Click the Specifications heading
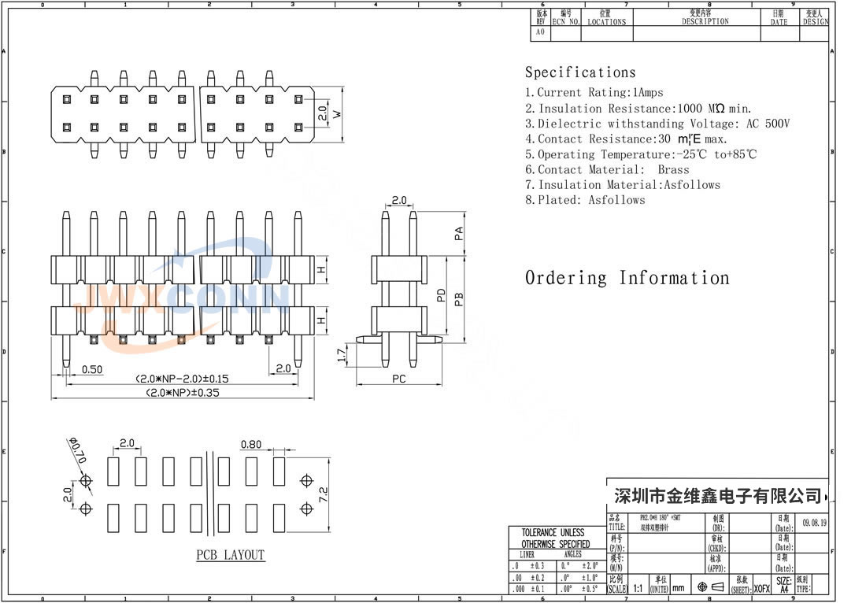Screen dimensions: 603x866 click(x=580, y=72)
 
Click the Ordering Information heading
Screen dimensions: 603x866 click(x=627, y=278)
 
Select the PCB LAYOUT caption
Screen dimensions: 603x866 click(x=231, y=555)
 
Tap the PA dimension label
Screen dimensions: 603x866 click(x=458, y=234)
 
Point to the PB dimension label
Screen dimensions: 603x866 click(x=459, y=298)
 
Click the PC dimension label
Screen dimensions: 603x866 click(x=399, y=379)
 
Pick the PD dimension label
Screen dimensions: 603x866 click(x=442, y=295)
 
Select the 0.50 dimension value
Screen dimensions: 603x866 click(x=92, y=368)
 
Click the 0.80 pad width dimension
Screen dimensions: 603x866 click(x=251, y=444)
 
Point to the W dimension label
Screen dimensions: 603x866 click(x=337, y=114)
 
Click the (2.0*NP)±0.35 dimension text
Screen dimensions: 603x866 click(x=183, y=391)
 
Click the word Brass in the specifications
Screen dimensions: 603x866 click(x=673, y=169)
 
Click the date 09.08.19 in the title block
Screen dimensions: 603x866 click(x=815, y=522)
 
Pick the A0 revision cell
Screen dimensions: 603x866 click(x=541, y=33)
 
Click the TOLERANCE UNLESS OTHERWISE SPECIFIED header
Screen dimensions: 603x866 click(x=555, y=538)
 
